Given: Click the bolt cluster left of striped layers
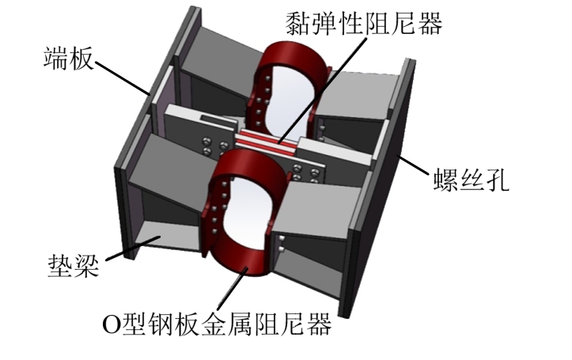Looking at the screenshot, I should pyautogui.click(x=208, y=146).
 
